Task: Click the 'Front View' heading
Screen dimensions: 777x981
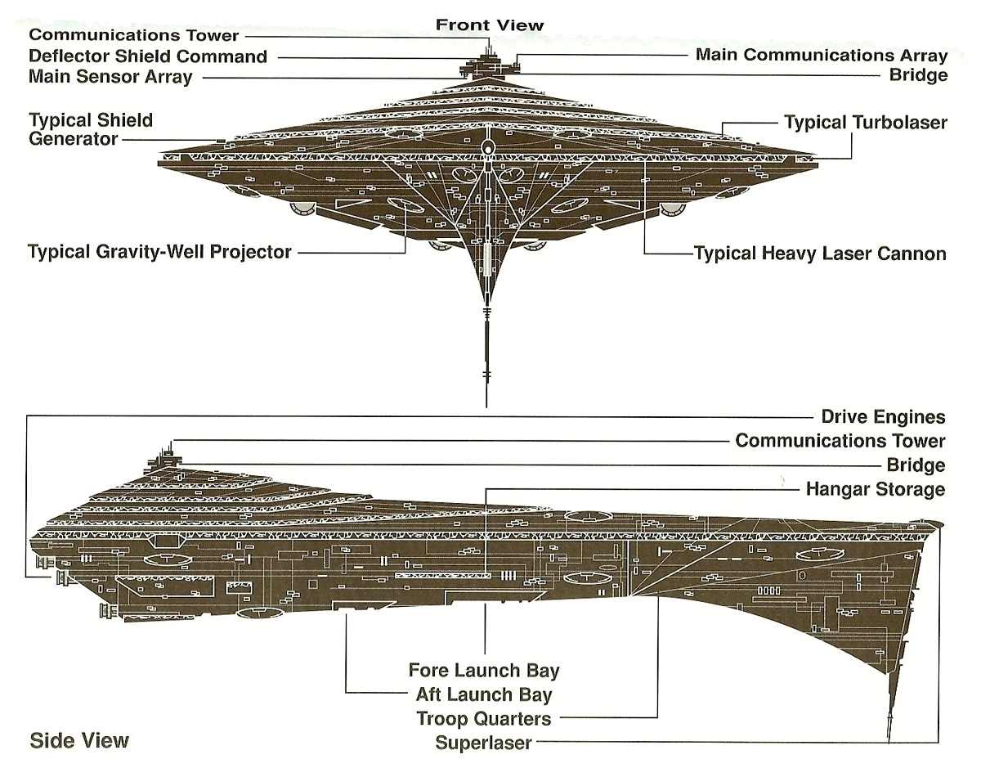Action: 489,25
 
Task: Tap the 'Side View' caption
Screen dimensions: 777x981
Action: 79,741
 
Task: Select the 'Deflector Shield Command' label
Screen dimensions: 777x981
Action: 148,56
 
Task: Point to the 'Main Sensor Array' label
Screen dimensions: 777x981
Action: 110,77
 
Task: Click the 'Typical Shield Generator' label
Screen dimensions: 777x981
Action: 91,130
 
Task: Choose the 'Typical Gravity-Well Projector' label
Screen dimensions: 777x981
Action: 159,251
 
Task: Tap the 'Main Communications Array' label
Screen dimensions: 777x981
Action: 821,56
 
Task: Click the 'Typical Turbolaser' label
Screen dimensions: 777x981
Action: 866,123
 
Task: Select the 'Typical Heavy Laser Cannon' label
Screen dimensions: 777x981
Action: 820,253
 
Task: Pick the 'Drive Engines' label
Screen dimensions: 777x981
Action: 883,417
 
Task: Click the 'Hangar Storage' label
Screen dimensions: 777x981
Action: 876,490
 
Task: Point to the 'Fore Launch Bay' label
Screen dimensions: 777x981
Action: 484,671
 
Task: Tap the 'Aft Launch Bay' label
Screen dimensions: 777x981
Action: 484,695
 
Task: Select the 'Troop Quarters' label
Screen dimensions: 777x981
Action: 484,719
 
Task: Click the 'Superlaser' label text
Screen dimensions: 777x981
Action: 484,743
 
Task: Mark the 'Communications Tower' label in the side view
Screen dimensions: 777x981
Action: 840,441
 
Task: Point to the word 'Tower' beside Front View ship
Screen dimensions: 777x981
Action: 211,35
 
